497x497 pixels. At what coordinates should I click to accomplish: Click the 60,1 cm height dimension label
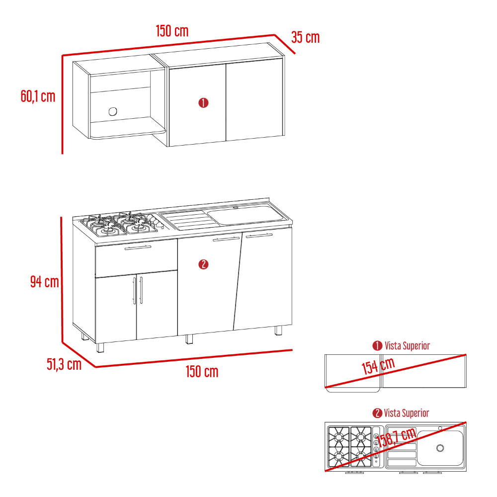(x=38, y=96)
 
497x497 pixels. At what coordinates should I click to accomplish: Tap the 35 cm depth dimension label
(x=306, y=37)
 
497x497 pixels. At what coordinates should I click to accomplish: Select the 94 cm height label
(x=45, y=281)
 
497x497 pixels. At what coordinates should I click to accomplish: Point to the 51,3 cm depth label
(x=64, y=364)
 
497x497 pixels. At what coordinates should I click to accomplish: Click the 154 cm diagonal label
(x=378, y=366)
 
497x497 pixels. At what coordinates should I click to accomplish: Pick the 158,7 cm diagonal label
(x=396, y=437)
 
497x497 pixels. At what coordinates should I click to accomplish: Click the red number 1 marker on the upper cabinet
(x=203, y=103)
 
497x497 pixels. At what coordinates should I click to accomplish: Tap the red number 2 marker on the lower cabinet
(x=203, y=264)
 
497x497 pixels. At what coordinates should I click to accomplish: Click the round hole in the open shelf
(x=113, y=111)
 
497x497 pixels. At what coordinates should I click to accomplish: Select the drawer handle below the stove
(x=138, y=248)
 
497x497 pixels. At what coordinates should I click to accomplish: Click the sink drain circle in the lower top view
(x=440, y=448)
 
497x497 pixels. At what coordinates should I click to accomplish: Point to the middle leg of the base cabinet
(x=189, y=339)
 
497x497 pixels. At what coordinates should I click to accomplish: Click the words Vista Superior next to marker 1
(x=408, y=346)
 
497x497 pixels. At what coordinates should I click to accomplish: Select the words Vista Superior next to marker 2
(x=407, y=413)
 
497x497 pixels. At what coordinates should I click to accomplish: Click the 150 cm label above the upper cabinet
(x=172, y=31)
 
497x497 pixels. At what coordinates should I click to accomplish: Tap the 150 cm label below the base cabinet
(x=202, y=371)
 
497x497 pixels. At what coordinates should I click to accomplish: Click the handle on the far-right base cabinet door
(x=259, y=236)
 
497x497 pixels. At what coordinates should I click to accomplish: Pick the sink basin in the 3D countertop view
(x=246, y=215)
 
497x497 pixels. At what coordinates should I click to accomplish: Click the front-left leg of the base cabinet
(x=100, y=348)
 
